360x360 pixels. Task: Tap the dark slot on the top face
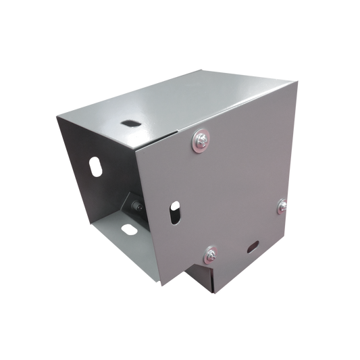pyautogui.click(x=127, y=124)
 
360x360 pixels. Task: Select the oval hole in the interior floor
pyautogui.click(x=127, y=228)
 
